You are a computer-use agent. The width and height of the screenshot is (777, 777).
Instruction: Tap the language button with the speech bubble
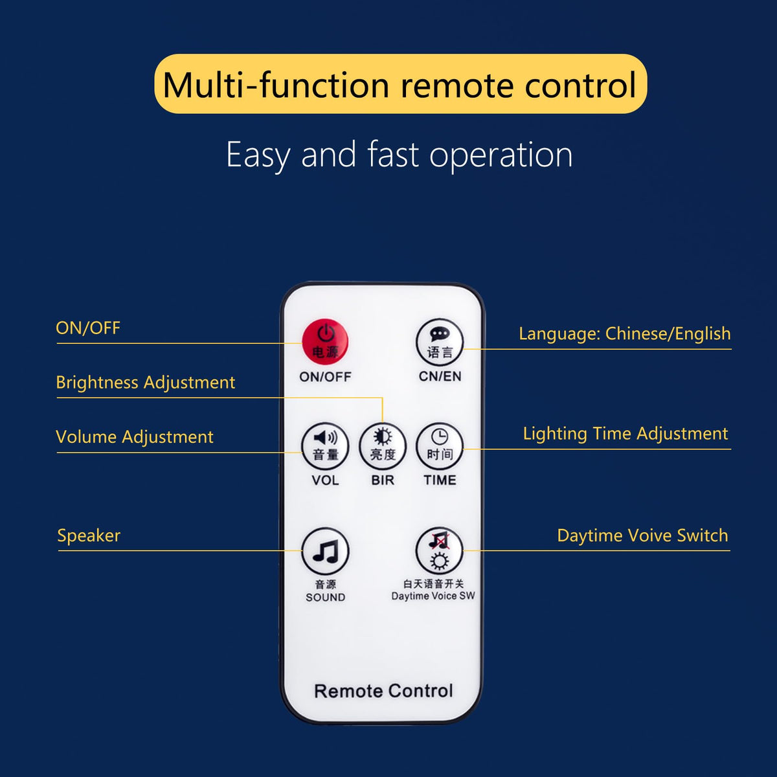coord(440,343)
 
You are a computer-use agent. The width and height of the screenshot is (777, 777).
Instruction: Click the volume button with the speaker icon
coord(325,446)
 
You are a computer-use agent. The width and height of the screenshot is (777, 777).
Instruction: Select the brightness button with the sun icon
coord(382,446)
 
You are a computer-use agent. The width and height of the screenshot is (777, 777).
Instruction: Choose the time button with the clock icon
coord(440,446)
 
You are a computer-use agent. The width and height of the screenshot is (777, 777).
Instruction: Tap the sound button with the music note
coord(325,551)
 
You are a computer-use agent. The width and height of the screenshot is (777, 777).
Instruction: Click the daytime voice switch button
coord(440,551)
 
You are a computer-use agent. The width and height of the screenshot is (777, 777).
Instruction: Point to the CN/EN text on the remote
coord(440,376)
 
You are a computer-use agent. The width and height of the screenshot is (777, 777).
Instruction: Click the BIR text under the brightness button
coord(383,480)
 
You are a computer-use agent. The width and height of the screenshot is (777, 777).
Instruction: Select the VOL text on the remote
coord(325,480)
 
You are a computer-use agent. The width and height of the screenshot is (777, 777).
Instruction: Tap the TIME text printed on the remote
coord(440,480)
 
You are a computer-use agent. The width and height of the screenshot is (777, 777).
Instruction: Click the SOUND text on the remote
coord(326,597)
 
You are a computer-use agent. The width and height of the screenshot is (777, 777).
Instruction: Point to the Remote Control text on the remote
coord(383,691)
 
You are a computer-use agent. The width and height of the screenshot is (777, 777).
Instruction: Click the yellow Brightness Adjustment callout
coord(146,383)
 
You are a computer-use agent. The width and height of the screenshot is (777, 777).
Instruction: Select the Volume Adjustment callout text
coord(135,437)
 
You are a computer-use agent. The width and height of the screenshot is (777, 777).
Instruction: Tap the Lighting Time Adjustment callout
coord(625,434)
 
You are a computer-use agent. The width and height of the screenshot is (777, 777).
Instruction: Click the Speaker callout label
coord(89,536)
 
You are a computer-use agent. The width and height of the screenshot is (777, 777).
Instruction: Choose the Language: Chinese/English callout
coord(625,334)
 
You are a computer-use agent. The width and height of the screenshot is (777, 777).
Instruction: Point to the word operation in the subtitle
coord(501,155)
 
